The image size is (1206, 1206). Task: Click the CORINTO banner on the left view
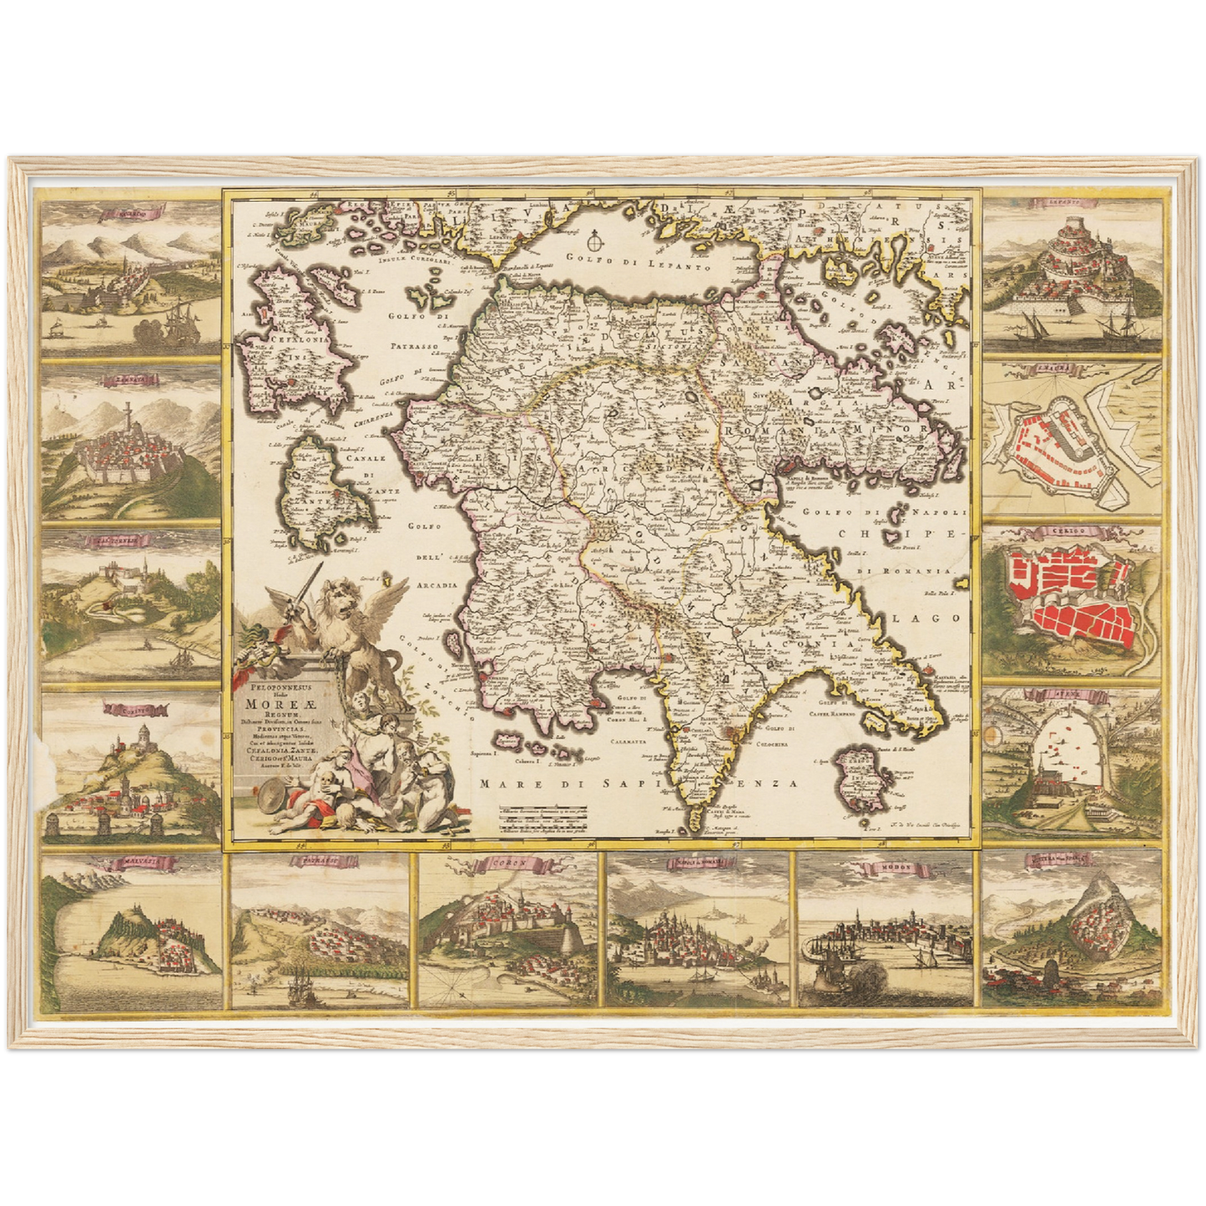click(x=132, y=710)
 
